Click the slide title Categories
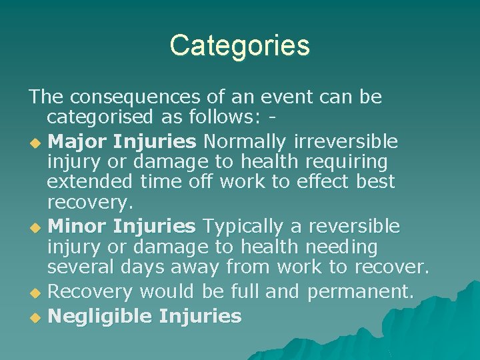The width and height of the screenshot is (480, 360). (x=239, y=46)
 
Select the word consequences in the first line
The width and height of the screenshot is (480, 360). (x=139, y=97)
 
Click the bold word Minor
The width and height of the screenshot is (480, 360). (x=78, y=227)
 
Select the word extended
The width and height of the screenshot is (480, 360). (x=91, y=181)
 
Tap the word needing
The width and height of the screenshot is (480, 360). (x=341, y=248)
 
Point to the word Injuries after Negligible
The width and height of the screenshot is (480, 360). (x=200, y=316)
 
